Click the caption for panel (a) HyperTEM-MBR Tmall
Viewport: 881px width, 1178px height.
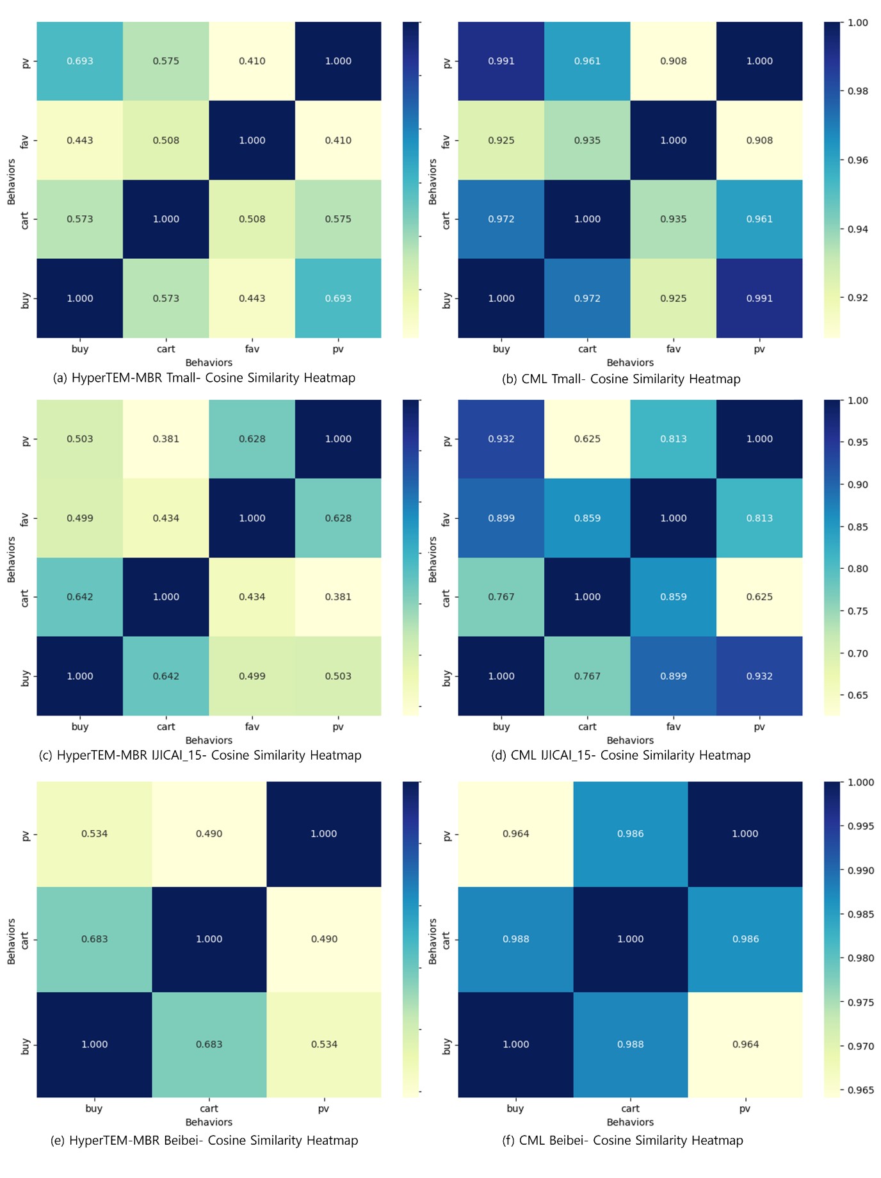pyautogui.click(x=204, y=378)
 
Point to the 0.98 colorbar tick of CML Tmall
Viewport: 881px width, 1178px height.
pyautogui.click(x=857, y=91)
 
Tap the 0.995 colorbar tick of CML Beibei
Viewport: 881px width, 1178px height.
pyautogui.click(x=860, y=826)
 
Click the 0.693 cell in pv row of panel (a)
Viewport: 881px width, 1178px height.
pyautogui.click(x=80, y=61)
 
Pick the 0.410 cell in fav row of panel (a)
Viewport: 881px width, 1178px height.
pyautogui.click(x=338, y=140)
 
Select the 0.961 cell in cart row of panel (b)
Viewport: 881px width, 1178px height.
pyautogui.click(x=759, y=219)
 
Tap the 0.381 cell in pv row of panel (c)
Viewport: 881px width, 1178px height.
pyautogui.click(x=166, y=439)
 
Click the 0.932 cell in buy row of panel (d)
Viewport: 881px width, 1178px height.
pyautogui.click(x=759, y=676)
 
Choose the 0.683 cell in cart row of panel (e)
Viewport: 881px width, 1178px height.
pyautogui.click(x=94, y=939)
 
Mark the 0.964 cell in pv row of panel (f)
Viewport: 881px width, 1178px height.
pyautogui.click(x=515, y=833)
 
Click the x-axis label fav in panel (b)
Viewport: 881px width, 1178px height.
pyautogui.click(x=674, y=349)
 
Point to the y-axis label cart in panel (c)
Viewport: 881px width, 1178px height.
pyautogui.click(x=25, y=598)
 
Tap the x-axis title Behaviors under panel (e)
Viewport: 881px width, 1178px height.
pyautogui.click(x=209, y=1122)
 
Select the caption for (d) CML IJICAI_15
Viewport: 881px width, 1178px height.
pyautogui.click(x=620, y=755)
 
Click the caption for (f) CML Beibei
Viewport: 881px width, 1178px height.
pyautogui.click(x=622, y=1140)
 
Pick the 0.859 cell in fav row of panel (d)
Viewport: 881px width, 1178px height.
pyautogui.click(x=587, y=518)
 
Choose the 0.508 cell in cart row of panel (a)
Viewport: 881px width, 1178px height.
pyautogui.click(x=252, y=219)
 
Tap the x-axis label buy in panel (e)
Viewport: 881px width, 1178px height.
pyautogui.click(x=94, y=1108)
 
